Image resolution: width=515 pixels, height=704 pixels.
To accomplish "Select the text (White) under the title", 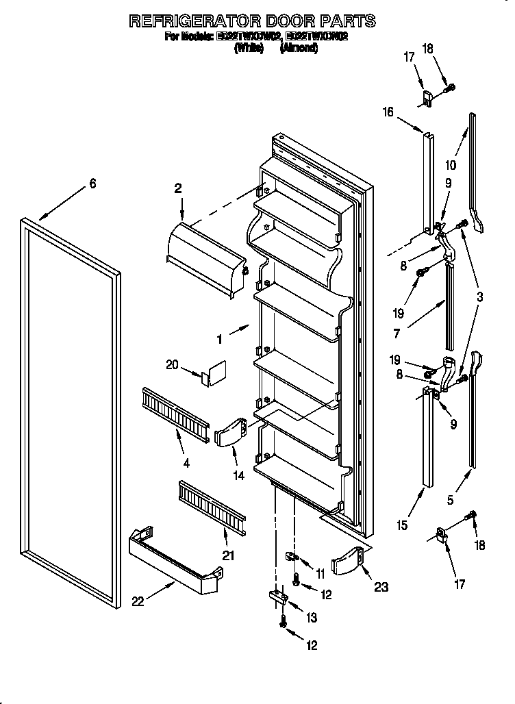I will click(x=249, y=49).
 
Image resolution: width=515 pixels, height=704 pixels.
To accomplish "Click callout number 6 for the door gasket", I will click(x=92, y=184).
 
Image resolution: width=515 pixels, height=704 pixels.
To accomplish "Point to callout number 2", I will click(x=178, y=189).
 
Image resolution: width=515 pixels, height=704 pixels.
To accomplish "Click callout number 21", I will click(x=227, y=555).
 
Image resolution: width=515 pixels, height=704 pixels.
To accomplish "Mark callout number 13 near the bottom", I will click(x=312, y=618).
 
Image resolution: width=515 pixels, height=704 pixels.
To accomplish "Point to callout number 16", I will click(x=388, y=112).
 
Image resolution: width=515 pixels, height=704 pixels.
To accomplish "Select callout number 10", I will click(x=451, y=164).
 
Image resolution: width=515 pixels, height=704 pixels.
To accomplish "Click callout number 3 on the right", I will click(x=479, y=297).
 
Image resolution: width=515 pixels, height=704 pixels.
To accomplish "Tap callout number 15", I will click(x=402, y=526).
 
